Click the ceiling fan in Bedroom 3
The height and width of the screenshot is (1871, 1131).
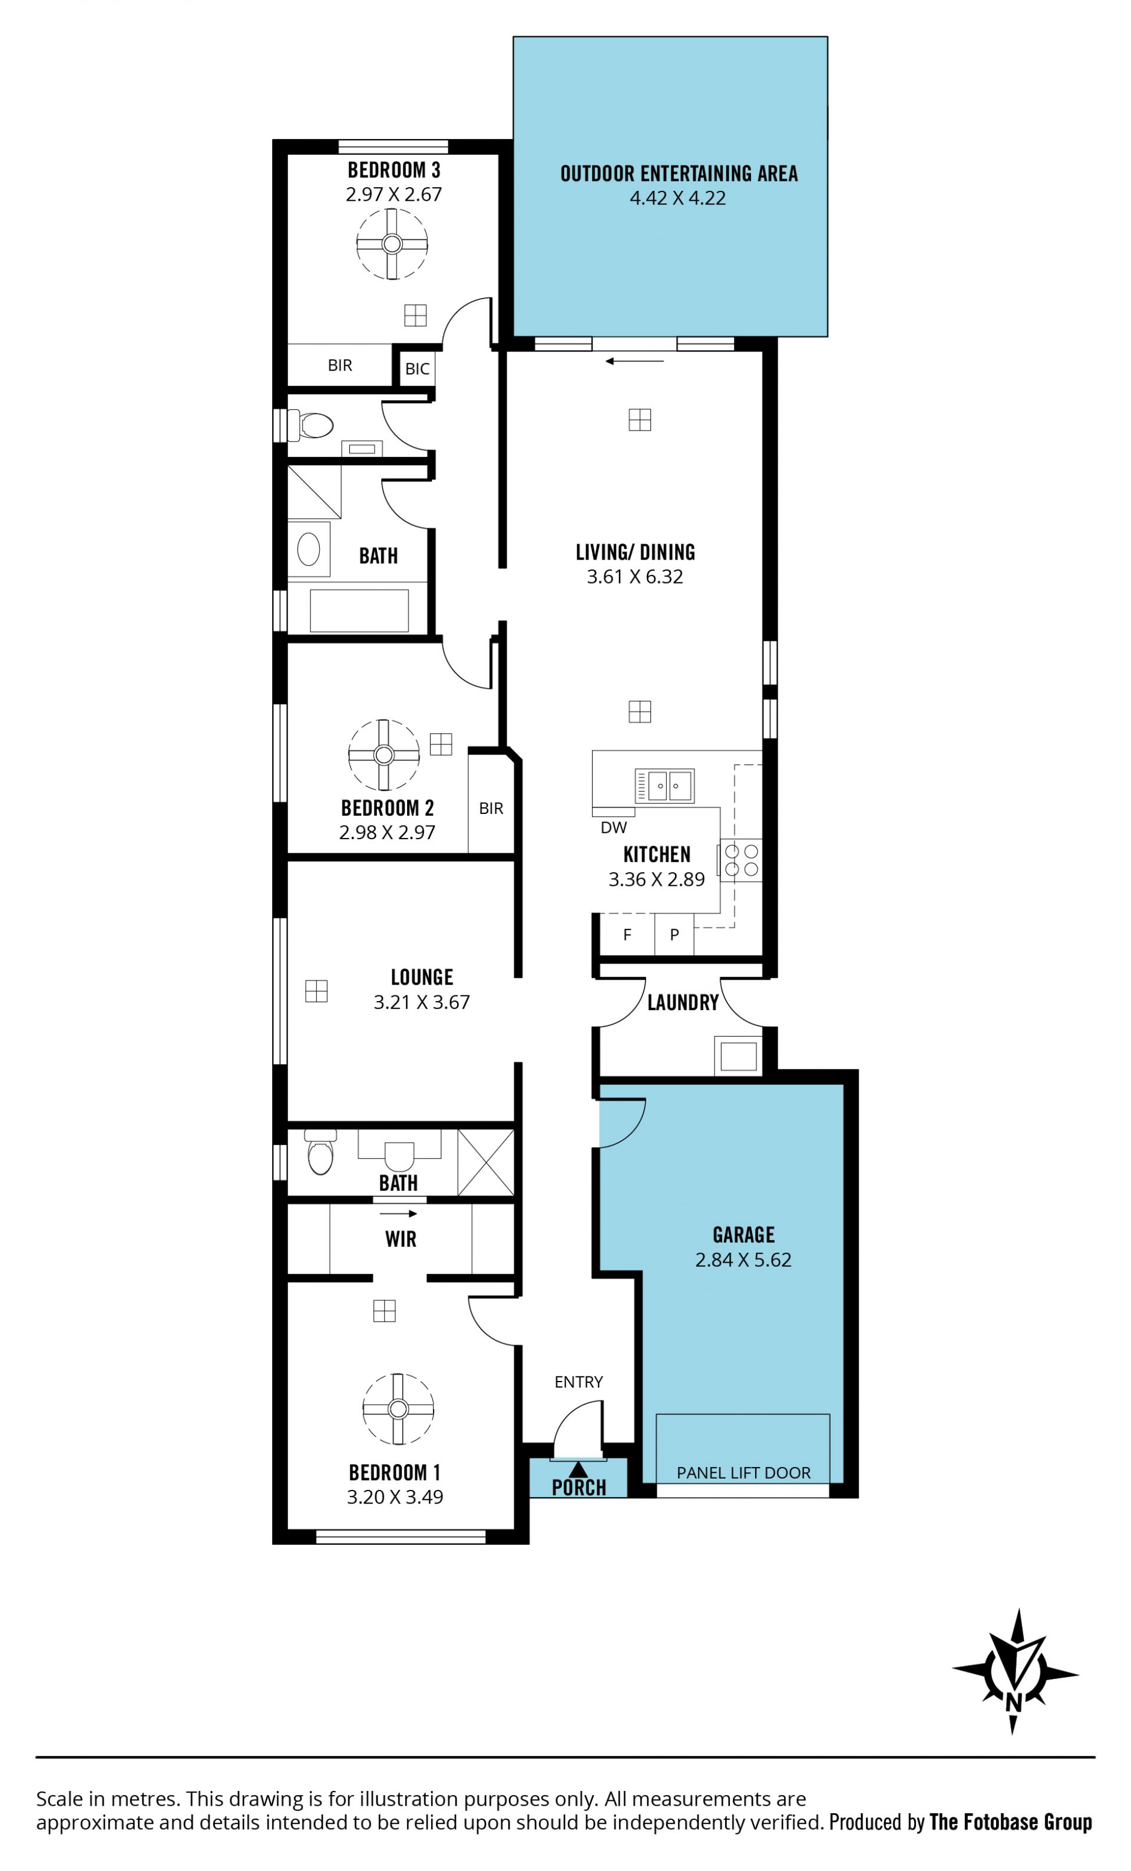tap(392, 244)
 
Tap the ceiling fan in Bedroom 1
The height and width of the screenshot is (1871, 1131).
tap(398, 1409)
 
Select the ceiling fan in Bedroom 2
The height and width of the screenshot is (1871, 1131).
tap(383, 755)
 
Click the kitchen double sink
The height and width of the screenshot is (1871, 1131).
tap(664, 785)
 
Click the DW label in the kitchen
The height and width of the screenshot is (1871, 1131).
tap(614, 827)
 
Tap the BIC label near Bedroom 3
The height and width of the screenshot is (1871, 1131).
tap(417, 369)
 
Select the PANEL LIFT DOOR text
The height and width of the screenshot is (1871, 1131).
tap(743, 1472)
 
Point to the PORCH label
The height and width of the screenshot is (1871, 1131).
tap(579, 1488)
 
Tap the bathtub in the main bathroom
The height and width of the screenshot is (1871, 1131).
tap(359, 610)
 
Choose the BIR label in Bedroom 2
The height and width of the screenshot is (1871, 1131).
tap(491, 809)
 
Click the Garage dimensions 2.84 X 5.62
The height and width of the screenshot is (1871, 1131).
tap(743, 1260)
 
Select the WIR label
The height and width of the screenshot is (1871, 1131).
tap(401, 1239)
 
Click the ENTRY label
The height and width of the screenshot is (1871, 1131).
tap(579, 1382)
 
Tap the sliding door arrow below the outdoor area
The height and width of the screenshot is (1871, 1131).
tap(635, 362)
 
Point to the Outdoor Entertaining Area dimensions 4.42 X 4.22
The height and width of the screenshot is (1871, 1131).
tap(677, 198)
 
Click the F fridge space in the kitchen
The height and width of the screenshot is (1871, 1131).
tap(627, 935)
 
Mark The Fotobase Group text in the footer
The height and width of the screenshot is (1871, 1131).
tap(1010, 1822)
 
